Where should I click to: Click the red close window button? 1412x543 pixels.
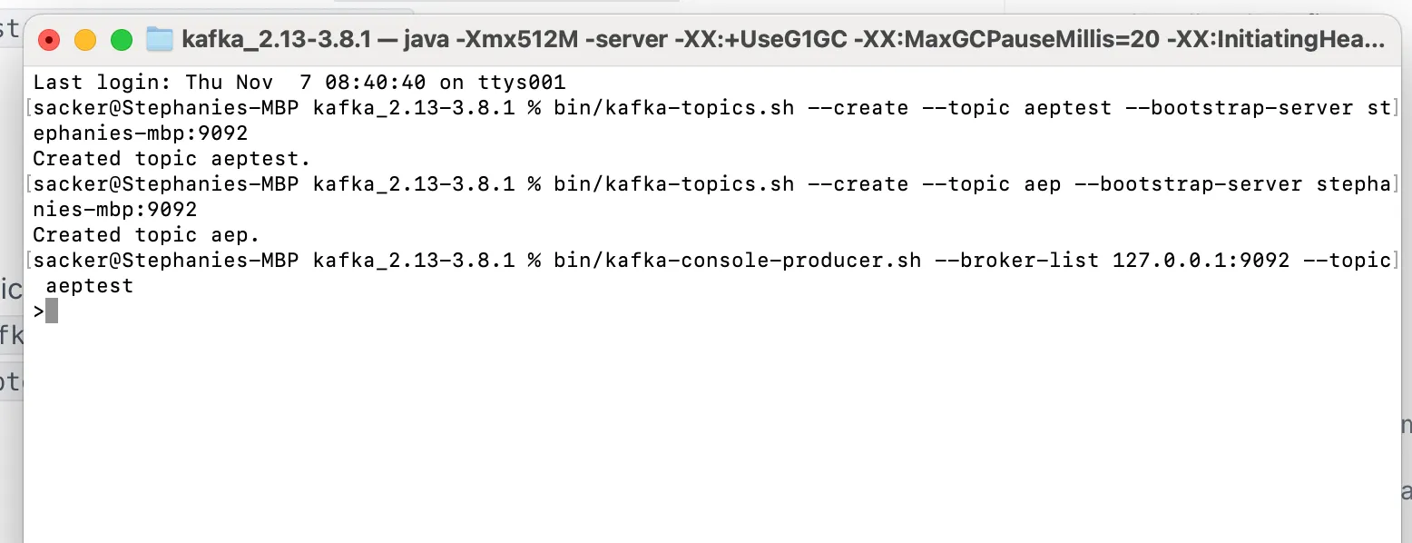48,40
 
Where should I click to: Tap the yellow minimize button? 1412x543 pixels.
85,40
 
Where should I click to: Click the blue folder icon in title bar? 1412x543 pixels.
160,39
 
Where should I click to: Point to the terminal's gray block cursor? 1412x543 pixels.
52,311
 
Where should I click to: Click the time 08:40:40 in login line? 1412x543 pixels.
375,83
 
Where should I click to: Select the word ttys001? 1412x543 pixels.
521,83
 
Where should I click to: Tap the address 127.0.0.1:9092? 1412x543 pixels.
1201,261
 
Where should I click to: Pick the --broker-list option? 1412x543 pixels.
1016,261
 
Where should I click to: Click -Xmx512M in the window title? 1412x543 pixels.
517,40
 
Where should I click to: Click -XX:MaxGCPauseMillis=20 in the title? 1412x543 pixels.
1006,40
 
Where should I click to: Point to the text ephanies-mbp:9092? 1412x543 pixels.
141,133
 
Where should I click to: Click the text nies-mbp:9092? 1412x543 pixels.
114,210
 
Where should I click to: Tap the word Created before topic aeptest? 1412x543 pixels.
77,159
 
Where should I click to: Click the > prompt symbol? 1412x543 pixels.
38,311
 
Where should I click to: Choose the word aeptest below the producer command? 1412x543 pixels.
90,286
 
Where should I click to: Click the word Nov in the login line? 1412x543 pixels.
255,83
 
